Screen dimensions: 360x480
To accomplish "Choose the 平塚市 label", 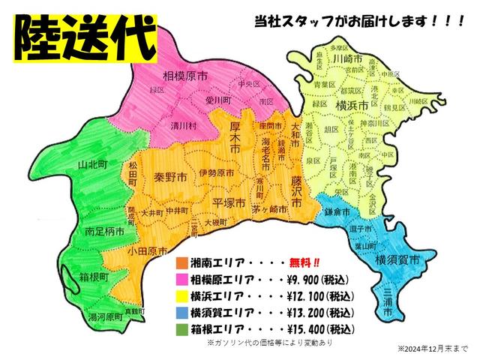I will coord(229,203).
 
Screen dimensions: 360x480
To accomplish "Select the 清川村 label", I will coord(183,125).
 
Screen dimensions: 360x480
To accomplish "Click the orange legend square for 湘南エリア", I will coord(181,263).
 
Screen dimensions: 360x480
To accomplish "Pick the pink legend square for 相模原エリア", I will coord(181,280).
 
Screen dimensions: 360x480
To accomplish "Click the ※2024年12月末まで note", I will coord(433,349).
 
